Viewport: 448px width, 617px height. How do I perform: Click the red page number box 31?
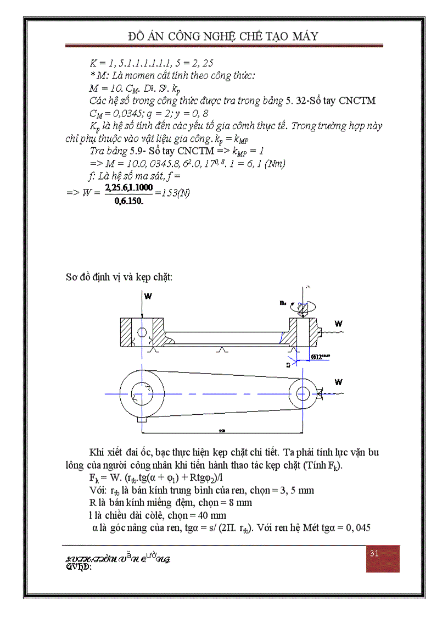pos(383,558)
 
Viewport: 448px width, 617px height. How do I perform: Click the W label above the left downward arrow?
pos(148,296)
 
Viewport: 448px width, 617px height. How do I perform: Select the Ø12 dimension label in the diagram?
pos(322,357)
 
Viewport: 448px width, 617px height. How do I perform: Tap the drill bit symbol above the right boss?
pos(301,309)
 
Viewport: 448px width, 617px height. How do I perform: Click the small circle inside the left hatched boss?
pos(142,332)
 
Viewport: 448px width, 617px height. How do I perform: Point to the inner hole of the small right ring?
pos(302,393)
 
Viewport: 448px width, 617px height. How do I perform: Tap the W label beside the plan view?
pos(339,382)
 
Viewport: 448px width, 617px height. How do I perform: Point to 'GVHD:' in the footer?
pos(79,567)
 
